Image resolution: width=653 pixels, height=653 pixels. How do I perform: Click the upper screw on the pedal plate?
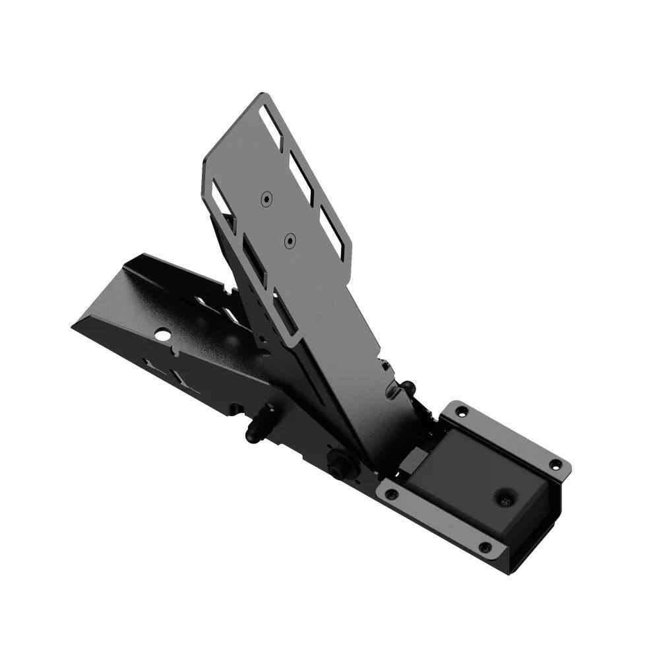pyautogui.click(x=265, y=198)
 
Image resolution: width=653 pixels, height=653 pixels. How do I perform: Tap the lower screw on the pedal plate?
pyautogui.click(x=288, y=241)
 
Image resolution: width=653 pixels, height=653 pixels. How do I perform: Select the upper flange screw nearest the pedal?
pyautogui.click(x=461, y=412)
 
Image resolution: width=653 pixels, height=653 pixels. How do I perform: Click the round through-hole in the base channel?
pyautogui.click(x=160, y=335)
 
